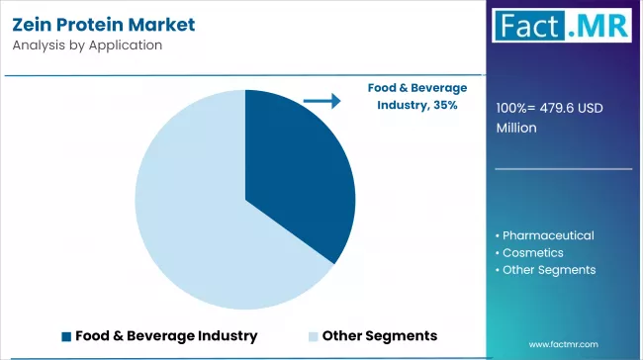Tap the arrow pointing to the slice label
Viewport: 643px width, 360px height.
pos(321,100)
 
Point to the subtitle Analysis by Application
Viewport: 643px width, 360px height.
pos(88,45)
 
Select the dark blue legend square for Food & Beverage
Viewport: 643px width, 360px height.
pos(66,336)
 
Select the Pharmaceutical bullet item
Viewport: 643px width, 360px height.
pos(548,235)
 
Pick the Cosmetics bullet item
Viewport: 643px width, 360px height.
pos(534,252)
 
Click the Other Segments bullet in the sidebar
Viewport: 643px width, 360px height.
pos(548,269)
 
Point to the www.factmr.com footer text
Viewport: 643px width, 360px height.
pos(564,344)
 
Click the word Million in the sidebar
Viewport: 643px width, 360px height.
pos(516,128)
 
